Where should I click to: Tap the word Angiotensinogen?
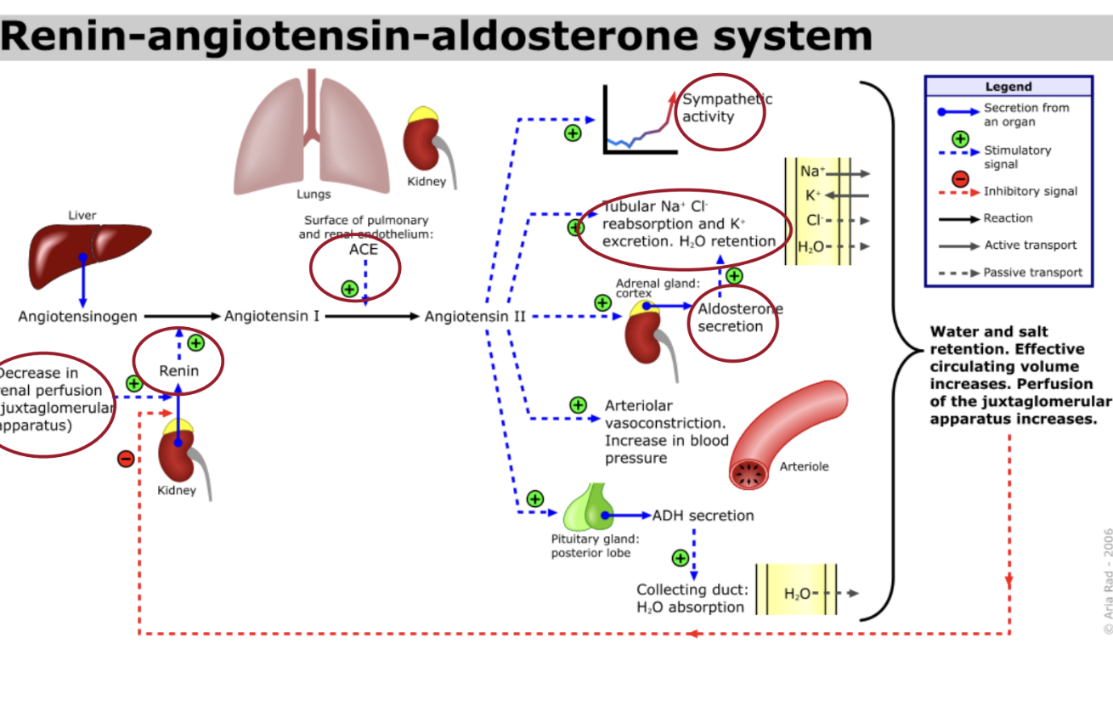point(77,317)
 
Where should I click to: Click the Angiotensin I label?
point(272,317)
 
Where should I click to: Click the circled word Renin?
point(178,370)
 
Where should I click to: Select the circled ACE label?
point(363,250)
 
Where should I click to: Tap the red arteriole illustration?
point(786,433)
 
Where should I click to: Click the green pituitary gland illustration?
point(588,507)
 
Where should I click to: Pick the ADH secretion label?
point(703,516)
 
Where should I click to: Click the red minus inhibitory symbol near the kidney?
point(126,460)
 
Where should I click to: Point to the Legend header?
point(1008,87)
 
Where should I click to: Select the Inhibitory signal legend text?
point(1030,191)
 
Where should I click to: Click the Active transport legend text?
point(1030,245)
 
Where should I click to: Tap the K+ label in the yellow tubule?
point(813,195)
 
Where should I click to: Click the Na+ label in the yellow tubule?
point(811,172)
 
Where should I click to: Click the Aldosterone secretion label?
point(731,318)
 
